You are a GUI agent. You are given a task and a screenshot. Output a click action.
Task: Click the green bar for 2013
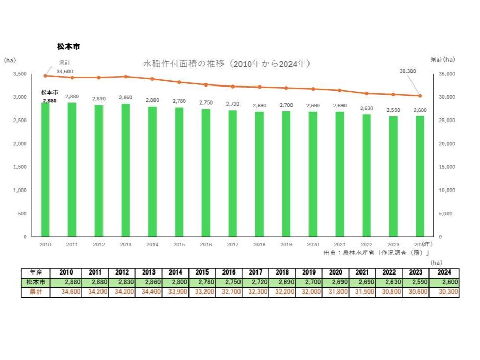pyautogui.click(x=125, y=170)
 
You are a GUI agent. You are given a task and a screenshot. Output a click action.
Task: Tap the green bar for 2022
pyautogui.click(x=366, y=175)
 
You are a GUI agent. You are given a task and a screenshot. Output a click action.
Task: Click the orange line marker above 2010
pyautogui.click(x=45, y=76)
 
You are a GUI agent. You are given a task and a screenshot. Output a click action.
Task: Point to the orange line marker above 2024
pyautogui.click(x=420, y=96)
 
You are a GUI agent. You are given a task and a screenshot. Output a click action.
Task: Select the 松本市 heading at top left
pyautogui.click(x=68, y=46)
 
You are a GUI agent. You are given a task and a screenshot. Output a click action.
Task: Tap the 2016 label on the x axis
pyautogui.click(x=205, y=245)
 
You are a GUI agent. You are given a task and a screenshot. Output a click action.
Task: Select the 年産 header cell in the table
pyautogui.click(x=36, y=272)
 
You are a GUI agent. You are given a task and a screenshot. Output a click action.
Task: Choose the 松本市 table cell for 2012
pyautogui.click(x=122, y=282)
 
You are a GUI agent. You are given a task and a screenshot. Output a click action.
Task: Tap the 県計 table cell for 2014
pyautogui.click(x=175, y=292)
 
